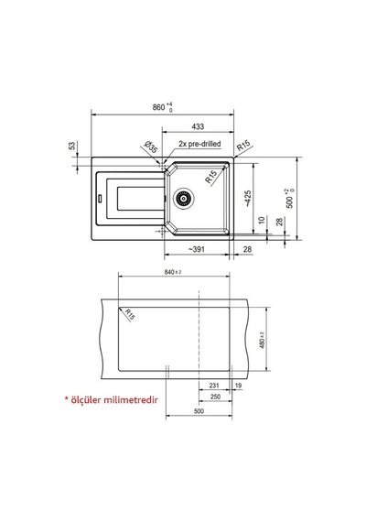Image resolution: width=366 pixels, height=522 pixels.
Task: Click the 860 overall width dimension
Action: click(x=163, y=107)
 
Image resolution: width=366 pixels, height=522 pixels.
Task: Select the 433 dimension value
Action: click(x=198, y=126)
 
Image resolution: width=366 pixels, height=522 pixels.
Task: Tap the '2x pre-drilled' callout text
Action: click(x=199, y=144)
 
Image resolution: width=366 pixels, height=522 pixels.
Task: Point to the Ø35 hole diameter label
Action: click(x=151, y=147)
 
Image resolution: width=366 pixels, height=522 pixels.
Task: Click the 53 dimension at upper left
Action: click(x=72, y=146)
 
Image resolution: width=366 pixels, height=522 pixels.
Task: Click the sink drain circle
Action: click(x=183, y=198)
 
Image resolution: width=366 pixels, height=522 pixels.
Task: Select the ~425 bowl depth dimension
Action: click(x=248, y=199)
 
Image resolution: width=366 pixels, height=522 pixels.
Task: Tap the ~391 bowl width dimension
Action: click(x=197, y=249)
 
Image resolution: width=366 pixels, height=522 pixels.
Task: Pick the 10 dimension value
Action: click(x=262, y=220)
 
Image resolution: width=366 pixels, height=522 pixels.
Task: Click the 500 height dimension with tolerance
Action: click(x=290, y=199)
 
